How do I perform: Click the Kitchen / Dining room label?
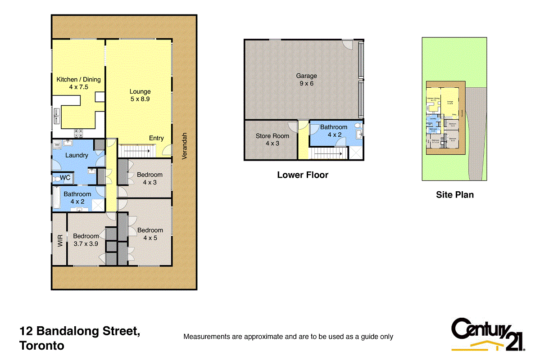pos(78,83)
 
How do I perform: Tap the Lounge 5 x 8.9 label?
pos(140,95)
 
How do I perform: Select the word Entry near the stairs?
pos(156,138)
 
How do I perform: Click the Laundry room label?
pos(77,155)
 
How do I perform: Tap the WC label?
pos(65,178)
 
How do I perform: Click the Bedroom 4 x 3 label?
pos(150,179)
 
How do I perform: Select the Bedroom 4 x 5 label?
pos(150,234)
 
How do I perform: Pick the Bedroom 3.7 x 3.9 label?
pos(86,240)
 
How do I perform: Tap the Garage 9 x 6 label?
pos(306,79)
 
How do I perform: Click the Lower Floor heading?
pos(303,175)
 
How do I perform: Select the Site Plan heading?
pos(454,195)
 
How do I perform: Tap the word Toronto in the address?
pos(42,346)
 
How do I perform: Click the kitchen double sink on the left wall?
pos(57,116)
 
